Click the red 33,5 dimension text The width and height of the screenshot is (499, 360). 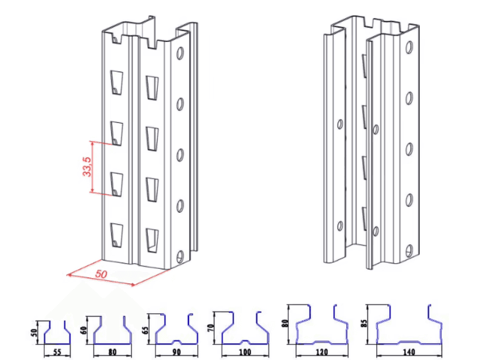click(x=87, y=167)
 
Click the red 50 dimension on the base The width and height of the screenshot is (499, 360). click(x=101, y=273)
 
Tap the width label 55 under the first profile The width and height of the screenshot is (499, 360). click(x=57, y=352)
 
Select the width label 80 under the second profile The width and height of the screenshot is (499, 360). click(x=112, y=352)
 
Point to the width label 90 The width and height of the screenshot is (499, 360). click(x=177, y=352)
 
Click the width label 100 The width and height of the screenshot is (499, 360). click(x=245, y=352)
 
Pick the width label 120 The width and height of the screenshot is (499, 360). click(x=321, y=352)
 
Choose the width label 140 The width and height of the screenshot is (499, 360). click(x=409, y=352)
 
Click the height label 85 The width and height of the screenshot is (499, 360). click(x=364, y=324)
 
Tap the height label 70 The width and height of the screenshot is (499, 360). click(x=213, y=328)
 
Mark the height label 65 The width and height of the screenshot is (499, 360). click(x=146, y=329)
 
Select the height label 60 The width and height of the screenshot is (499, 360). click(x=84, y=330)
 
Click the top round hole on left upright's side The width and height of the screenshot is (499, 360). click(x=180, y=53)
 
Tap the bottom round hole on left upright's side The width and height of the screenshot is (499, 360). click(x=180, y=256)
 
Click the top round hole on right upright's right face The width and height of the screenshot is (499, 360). click(x=409, y=47)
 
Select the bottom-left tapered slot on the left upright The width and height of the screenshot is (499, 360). click(x=117, y=235)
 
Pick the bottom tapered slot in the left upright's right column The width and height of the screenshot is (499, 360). click(x=152, y=240)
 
